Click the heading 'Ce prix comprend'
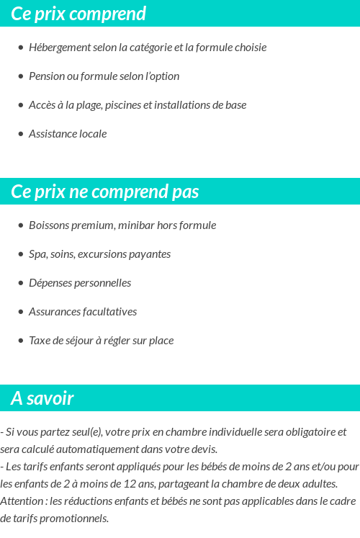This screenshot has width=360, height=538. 78,14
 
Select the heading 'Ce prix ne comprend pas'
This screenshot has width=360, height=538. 105,192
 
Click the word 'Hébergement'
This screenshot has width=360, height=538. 60,48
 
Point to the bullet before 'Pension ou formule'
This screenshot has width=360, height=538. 21,76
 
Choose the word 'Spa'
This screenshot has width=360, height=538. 37,254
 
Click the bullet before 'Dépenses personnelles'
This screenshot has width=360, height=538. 21,283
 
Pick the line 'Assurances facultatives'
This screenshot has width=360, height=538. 83,312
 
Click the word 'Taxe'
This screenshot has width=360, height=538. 40,341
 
